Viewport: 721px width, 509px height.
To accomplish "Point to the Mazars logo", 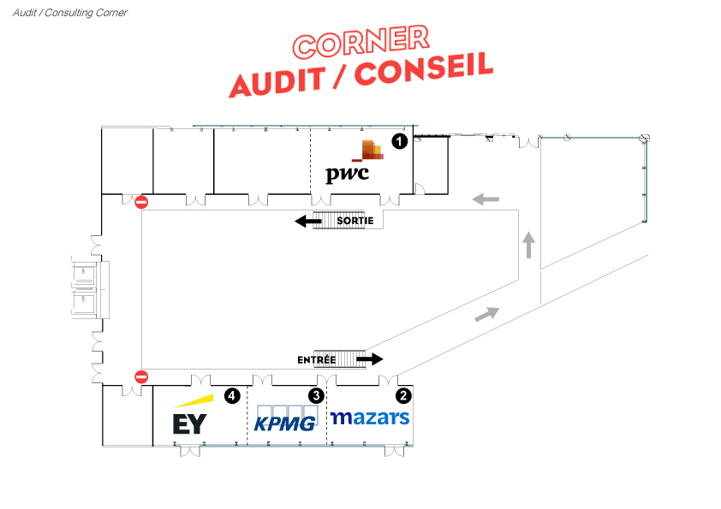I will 370,417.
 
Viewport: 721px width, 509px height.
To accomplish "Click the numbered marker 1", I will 398,141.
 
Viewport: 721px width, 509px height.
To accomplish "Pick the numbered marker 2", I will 402,395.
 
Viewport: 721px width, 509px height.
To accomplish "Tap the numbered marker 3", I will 316,395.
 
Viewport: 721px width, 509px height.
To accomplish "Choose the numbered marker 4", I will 231,395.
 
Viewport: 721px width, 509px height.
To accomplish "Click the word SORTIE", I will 355,221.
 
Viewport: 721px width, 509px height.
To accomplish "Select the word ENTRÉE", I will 316,360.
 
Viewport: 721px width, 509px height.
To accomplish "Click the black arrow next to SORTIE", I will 308,222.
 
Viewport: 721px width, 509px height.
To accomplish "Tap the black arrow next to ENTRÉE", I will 370,359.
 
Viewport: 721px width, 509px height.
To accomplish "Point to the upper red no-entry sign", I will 142,203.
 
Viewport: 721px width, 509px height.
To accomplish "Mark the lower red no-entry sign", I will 141,376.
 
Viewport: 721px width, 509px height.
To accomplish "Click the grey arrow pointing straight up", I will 529,245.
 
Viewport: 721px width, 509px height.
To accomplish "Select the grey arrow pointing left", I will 486,199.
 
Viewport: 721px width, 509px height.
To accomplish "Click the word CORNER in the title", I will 360,40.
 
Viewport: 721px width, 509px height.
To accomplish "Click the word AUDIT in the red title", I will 277,80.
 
